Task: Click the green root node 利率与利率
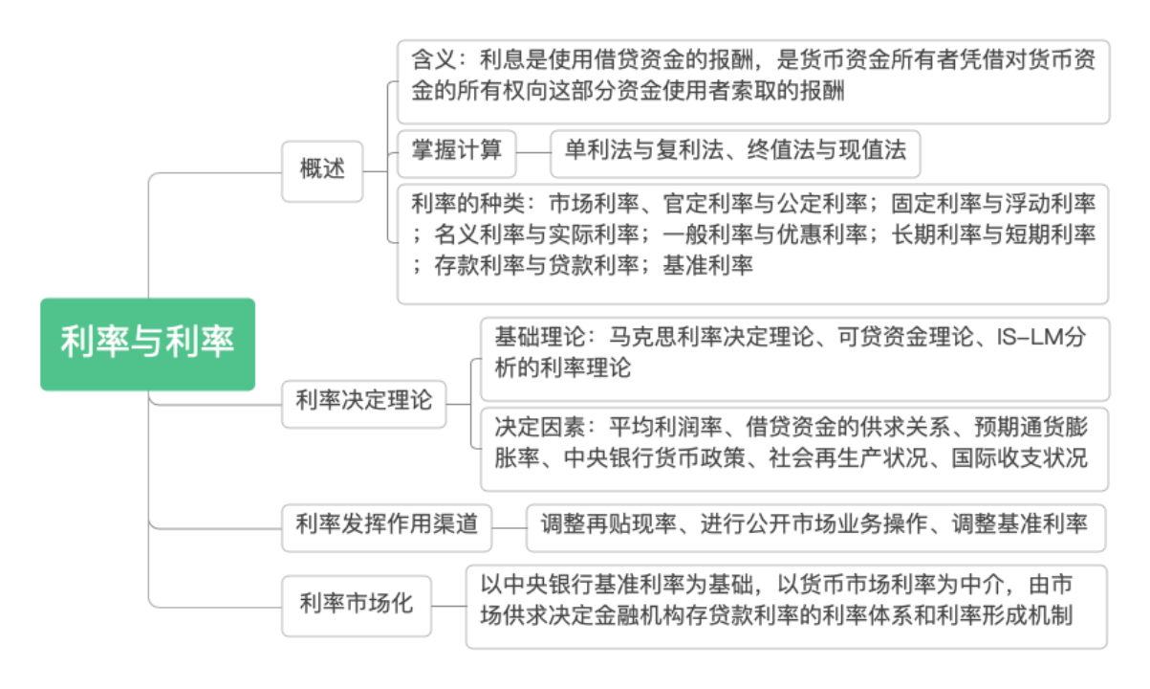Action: click(x=147, y=344)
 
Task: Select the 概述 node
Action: click(x=322, y=170)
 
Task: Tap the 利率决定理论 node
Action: click(x=364, y=401)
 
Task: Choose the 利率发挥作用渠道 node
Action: click(x=386, y=524)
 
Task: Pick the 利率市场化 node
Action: click(x=356, y=605)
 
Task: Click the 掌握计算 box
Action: click(x=456, y=150)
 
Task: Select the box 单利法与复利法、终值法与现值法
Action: click(x=735, y=150)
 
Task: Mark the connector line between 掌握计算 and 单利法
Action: click(x=532, y=151)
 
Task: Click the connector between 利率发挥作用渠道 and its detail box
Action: click(x=509, y=525)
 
